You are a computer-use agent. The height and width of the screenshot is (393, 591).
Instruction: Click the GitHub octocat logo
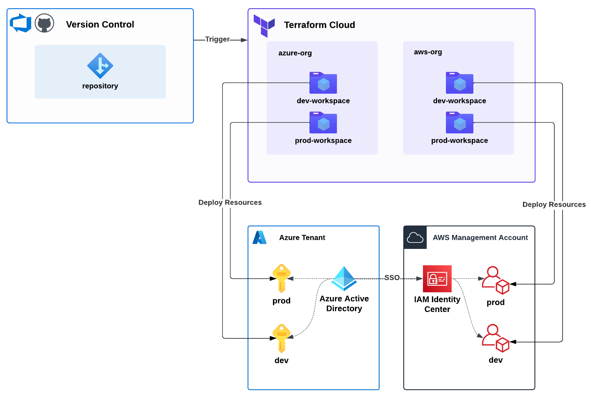44,23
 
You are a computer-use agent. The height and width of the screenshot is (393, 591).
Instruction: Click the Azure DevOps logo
20,23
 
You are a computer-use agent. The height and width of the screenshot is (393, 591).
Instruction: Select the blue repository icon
100,65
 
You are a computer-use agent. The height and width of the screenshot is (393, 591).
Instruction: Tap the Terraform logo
264,25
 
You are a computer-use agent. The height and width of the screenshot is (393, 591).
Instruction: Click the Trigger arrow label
217,39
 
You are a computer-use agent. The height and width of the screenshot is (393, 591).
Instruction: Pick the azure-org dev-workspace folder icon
323,83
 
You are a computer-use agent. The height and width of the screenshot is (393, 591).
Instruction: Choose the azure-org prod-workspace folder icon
323,123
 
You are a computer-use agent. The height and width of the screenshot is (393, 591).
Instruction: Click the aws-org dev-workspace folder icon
459,83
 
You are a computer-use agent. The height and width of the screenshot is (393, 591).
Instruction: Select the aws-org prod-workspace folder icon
459,123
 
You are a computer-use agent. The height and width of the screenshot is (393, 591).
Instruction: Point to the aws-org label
428,52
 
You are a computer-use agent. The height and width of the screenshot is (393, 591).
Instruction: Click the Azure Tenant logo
259,237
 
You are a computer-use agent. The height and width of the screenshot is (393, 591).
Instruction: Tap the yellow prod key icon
282,278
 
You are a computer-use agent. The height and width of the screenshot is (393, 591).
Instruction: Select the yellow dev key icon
282,338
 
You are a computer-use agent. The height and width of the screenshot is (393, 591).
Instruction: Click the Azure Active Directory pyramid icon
344,278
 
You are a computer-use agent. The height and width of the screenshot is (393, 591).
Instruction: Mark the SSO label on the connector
392,278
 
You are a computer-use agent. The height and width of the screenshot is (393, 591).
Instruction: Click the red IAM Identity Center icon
437,279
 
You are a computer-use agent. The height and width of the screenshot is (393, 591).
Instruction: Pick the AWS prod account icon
496,280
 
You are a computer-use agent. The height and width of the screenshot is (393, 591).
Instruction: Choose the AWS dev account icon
496,338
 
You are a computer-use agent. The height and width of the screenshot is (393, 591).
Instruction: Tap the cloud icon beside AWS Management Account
415,237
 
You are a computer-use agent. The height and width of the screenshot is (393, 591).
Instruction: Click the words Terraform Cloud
319,25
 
